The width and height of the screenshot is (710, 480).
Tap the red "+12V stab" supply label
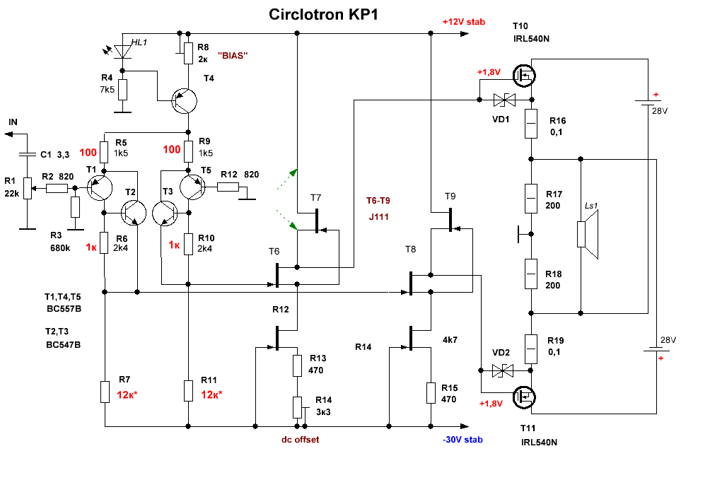[464, 22]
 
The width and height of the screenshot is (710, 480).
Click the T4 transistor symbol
[185, 102]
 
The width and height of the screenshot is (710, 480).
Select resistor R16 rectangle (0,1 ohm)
[532, 125]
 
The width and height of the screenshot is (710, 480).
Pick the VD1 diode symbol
[504, 100]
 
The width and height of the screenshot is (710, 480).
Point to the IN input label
[13, 122]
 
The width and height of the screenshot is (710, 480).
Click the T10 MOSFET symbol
[525, 74]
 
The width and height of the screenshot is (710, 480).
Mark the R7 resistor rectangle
[105, 392]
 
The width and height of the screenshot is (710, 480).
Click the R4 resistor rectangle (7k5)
[123, 90]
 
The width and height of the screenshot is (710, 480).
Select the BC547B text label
[63, 345]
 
